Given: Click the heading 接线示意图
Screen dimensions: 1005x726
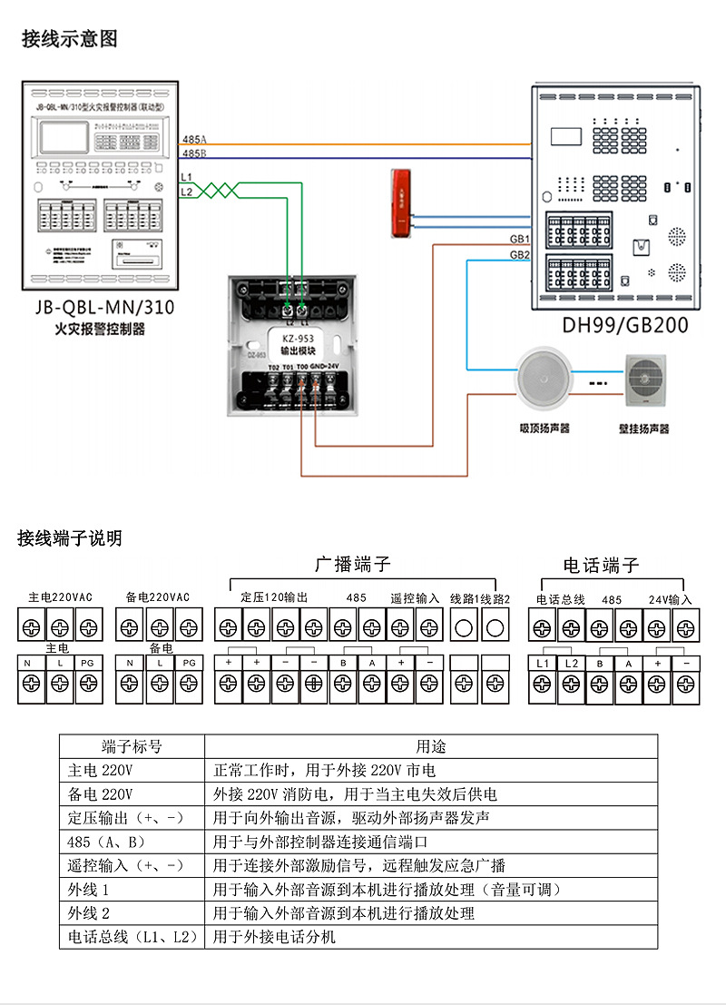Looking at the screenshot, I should [70, 39].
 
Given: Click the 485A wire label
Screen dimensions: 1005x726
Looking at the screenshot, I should [194, 139].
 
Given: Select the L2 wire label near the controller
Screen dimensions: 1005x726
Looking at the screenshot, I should [186, 192].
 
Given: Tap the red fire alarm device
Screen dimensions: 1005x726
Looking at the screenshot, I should [400, 203].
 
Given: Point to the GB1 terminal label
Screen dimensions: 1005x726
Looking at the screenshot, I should [519, 239].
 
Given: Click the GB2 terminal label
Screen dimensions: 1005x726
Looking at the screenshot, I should [519, 255].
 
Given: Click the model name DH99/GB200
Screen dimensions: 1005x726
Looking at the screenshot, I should [625, 325].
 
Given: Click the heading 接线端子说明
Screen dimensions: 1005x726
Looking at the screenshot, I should [70, 538].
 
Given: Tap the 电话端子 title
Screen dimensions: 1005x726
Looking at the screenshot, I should [601, 566].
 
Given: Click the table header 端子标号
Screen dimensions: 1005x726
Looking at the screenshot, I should [132, 746].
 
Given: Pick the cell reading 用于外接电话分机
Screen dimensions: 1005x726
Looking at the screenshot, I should [274, 936].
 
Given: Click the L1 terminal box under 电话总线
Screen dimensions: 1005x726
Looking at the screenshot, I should [544, 665].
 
